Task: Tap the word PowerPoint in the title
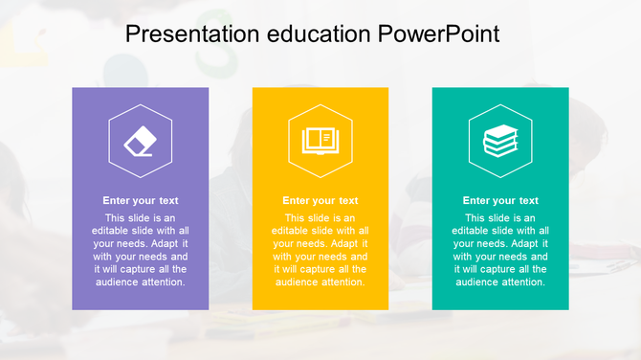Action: (439, 34)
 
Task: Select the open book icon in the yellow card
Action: (320, 142)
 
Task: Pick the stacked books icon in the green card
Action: (500, 142)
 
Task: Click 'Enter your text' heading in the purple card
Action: (141, 201)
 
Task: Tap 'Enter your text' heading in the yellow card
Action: (320, 201)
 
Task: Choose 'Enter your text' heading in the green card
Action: (500, 201)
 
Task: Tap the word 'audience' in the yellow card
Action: (296, 282)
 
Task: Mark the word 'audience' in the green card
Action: (475, 282)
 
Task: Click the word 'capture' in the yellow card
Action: (320, 270)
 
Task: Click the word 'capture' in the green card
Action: (500, 270)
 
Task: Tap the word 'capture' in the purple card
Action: (141, 270)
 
